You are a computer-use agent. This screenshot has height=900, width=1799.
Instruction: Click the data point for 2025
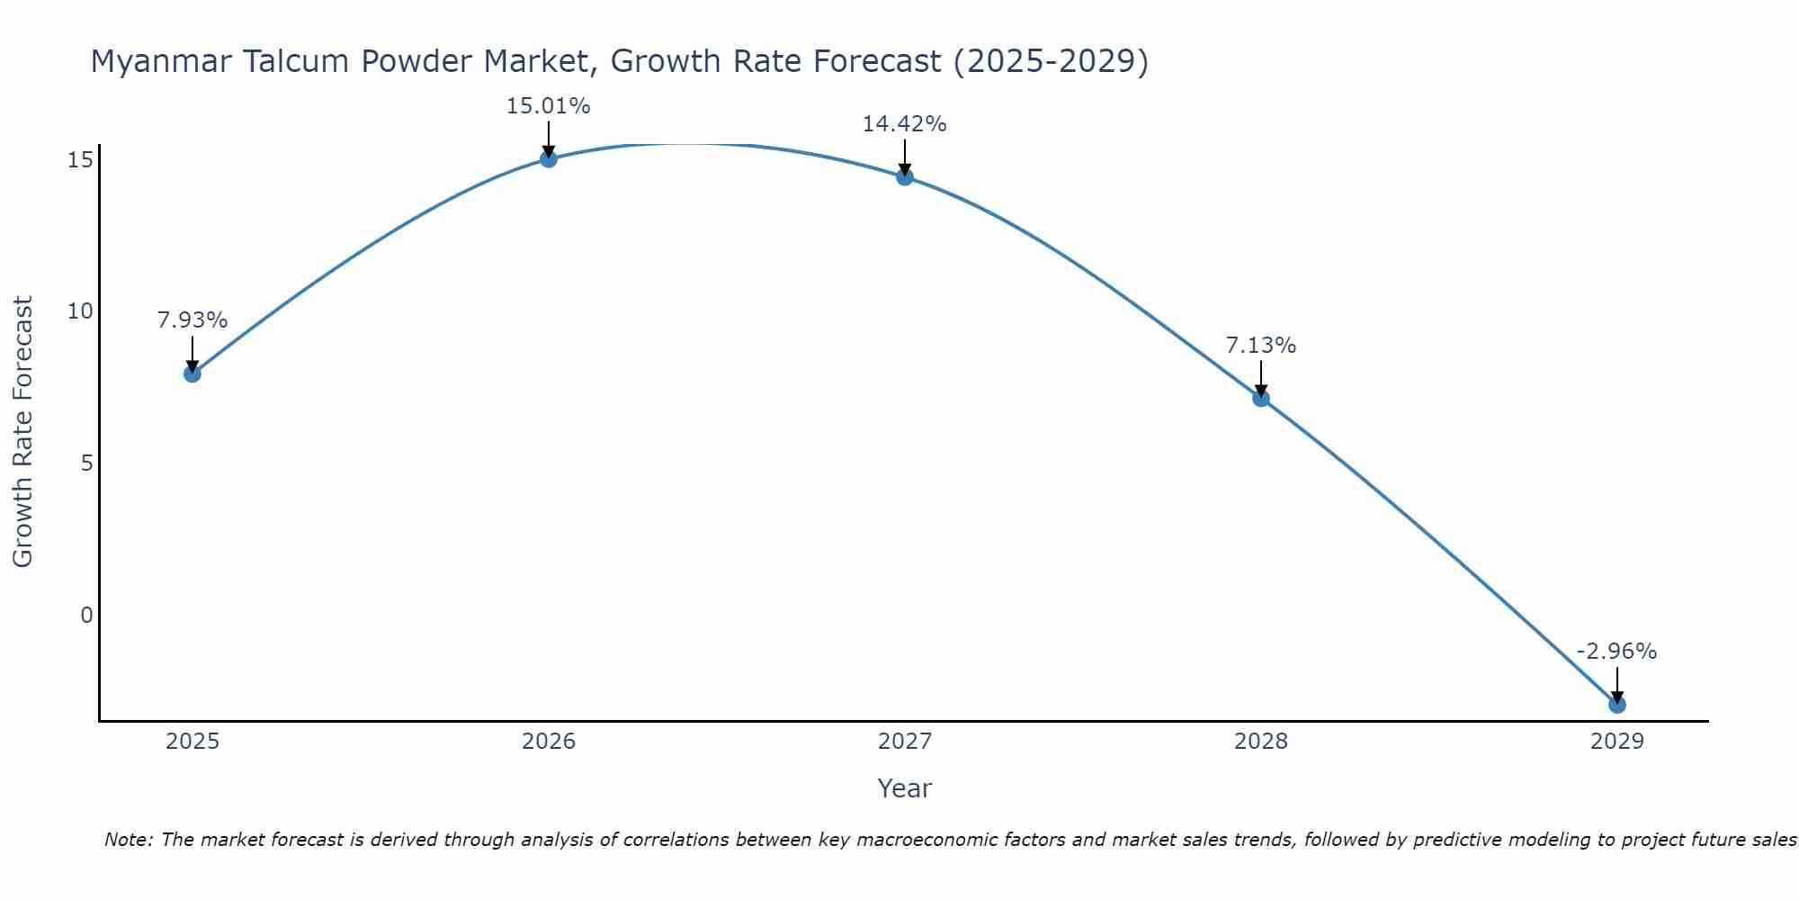192,373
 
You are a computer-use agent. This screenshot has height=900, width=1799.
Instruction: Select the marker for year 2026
549,159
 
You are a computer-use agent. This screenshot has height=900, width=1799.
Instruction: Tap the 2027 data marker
905,176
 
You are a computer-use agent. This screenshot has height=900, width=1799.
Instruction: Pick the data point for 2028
1261,398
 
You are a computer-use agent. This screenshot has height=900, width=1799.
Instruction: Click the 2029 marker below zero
1617,705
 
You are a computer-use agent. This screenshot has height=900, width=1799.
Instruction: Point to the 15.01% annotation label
548,106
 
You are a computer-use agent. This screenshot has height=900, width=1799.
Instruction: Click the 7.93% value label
192,320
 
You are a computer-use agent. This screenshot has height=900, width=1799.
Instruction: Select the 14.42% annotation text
904,124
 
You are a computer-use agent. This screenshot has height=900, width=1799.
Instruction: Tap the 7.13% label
1261,346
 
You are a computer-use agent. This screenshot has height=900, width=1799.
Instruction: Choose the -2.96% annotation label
1616,652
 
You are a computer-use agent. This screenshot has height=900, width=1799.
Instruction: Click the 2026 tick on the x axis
549,742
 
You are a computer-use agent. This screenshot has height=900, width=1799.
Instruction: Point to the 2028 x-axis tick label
1261,742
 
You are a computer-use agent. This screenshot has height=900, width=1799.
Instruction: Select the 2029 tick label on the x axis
1617,742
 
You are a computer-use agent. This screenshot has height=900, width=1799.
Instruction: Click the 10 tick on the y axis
81,311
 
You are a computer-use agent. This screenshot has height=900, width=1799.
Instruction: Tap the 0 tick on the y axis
87,616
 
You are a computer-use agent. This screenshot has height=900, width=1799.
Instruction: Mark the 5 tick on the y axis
87,463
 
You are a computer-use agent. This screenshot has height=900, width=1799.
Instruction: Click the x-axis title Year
904,788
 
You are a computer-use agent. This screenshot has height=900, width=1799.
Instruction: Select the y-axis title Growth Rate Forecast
22,432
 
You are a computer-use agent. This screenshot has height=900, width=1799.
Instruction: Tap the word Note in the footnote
127,841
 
